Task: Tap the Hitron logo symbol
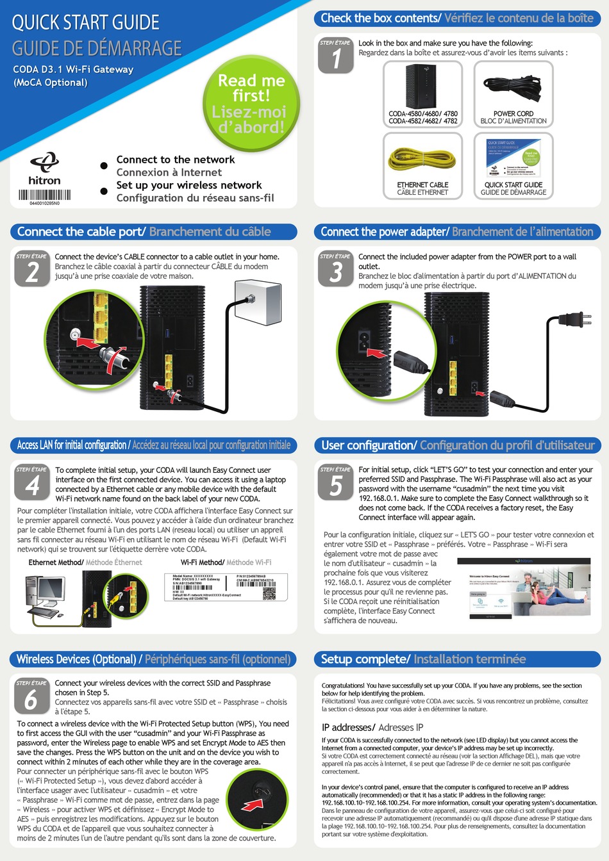(x=45, y=161)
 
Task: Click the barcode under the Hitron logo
(x=44, y=195)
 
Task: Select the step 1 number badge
(x=336, y=56)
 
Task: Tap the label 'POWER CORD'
(x=513, y=113)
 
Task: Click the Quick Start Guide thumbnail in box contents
(x=513, y=158)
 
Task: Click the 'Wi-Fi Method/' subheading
(x=202, y=562)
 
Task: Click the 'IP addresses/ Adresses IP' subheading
(x=372, y=727)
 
